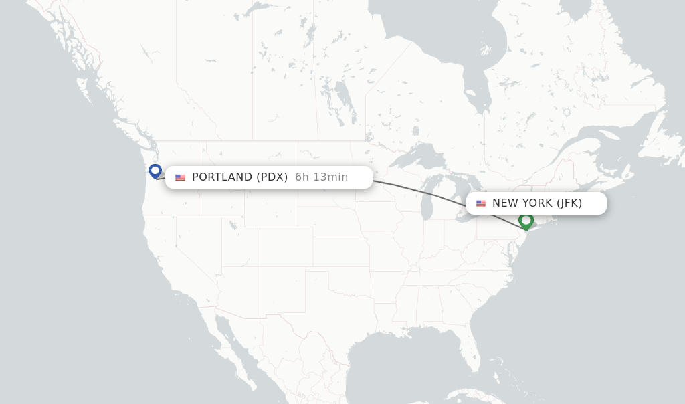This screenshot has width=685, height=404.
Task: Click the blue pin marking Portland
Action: tap(155, 171)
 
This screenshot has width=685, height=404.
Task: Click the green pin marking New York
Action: tap(526, 220)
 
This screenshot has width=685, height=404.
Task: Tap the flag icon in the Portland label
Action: tap(180, 177)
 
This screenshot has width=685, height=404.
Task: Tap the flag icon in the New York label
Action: tap(481, 203)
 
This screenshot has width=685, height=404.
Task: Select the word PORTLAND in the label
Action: tap(222, 177)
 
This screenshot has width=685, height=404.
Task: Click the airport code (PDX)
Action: tap(272, 177)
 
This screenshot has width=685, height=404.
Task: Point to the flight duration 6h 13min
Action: tap(321, 177)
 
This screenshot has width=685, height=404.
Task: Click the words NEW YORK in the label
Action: tap(522, 203)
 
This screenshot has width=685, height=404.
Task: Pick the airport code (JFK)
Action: tap(569, 203)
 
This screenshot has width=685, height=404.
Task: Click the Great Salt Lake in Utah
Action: tap(233, 225)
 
